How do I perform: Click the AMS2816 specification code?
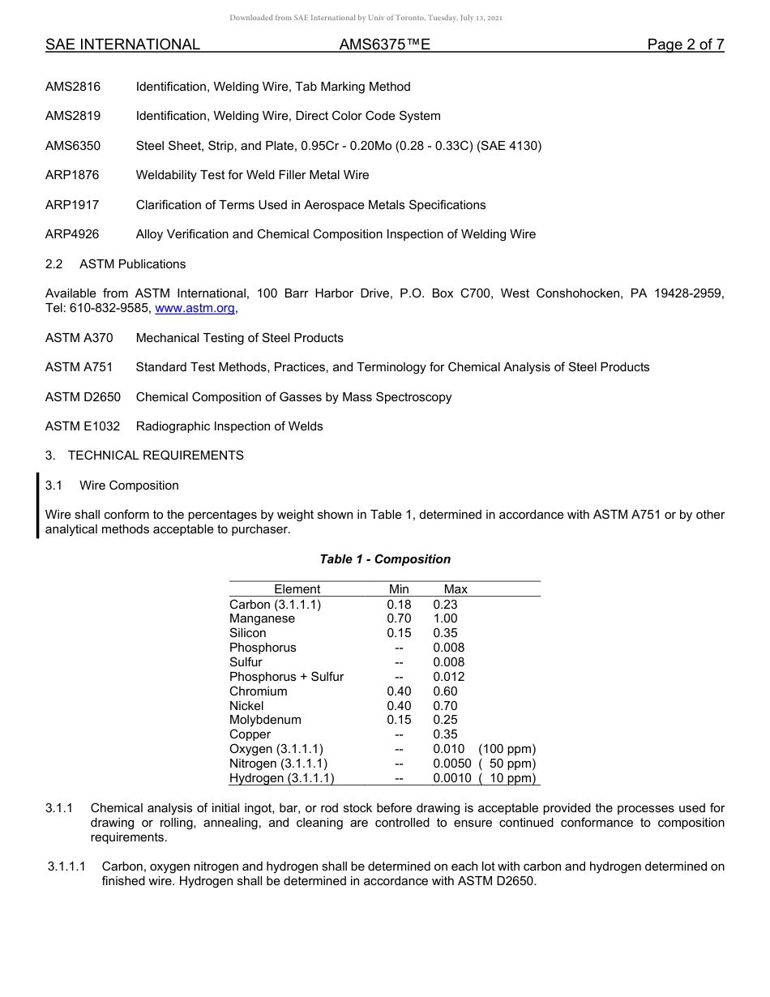click(73, 87)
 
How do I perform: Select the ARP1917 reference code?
click(72, 205)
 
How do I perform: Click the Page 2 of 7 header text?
click(685, 45)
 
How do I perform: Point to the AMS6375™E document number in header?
click(384, 45)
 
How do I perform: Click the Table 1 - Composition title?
click(385, 559)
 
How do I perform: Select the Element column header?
click(297, 589)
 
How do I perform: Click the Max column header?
click(456, 589)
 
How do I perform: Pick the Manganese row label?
click(262, 618)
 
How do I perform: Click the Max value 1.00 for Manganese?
click(445, 618)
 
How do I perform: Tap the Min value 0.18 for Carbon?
click(399, 604)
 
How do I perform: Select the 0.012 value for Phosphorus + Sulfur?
click(448, 677)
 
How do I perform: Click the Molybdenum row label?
click(265, 720)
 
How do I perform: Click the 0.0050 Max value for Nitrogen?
click(451, 764)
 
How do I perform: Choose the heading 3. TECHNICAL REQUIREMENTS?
click(144, 456)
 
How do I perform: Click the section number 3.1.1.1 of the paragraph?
click(71, 866)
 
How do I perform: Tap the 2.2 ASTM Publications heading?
click(115, 264)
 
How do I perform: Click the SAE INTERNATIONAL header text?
click(122, 45)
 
